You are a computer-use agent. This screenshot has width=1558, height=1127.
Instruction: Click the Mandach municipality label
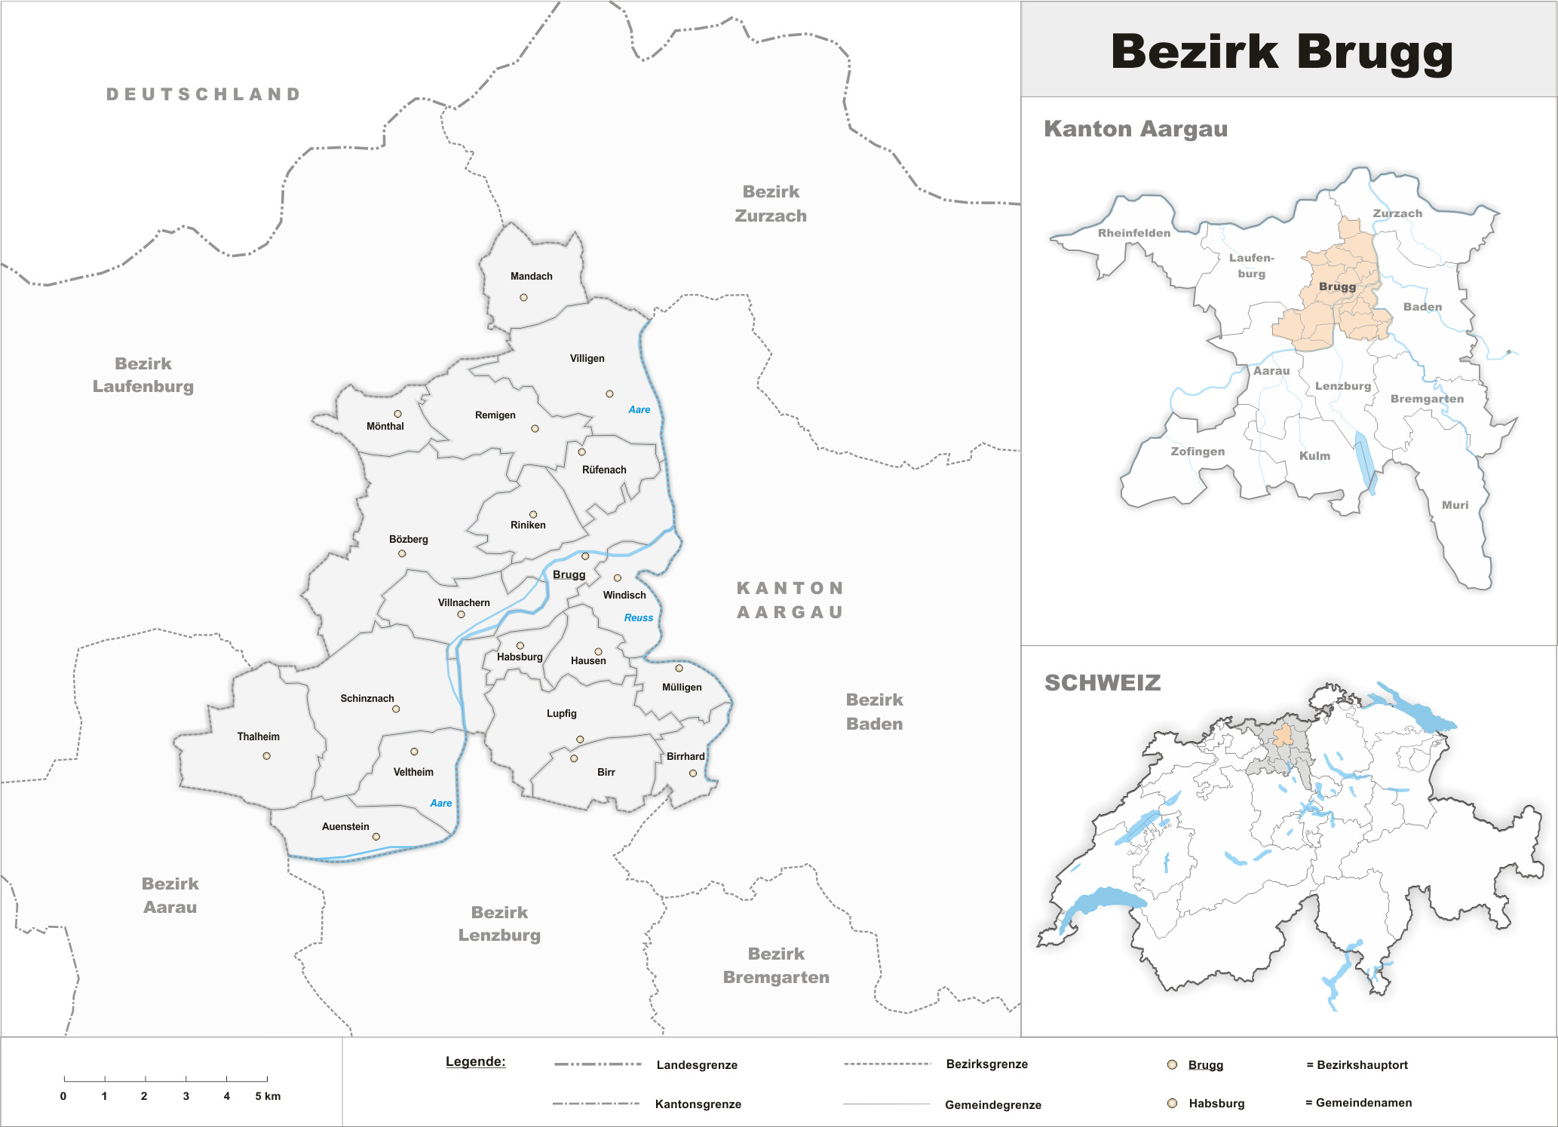click(531, 276)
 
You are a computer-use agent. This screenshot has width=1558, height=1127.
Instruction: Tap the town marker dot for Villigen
click(609, 394)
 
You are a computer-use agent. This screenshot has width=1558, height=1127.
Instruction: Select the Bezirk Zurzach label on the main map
click(770, 204)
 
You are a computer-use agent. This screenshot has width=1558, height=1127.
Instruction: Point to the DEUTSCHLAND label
click(204, 94)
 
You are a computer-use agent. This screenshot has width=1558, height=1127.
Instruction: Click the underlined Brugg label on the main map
click(569, 574)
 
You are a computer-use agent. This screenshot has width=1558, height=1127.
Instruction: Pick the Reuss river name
click(638, 617)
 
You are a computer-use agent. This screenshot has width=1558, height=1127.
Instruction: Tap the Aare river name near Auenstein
click(440, 803)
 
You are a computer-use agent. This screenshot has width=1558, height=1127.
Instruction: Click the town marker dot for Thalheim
click(266, 755)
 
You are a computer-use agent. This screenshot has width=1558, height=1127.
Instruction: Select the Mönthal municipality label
click(385, 426)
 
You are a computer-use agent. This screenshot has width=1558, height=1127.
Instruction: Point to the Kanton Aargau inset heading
click(1135, 129)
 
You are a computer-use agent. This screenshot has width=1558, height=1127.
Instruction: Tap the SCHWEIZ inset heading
click(1102, 683)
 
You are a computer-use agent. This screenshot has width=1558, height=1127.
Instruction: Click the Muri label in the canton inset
click(1455, 505)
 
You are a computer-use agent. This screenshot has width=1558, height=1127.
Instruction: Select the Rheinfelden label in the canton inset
click(1133, 233)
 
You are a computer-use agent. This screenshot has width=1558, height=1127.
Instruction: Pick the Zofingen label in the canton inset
click(1197, 451)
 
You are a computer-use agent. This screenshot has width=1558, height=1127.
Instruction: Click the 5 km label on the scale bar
click(268, 1096)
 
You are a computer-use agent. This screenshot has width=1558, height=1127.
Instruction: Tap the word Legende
click(475, 1061)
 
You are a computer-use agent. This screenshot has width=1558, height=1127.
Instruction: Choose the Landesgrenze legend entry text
click(696, 1064)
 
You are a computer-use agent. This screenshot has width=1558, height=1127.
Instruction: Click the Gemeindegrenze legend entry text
click(992, 1104)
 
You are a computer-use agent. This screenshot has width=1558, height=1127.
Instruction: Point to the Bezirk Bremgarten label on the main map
click(775, 965)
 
